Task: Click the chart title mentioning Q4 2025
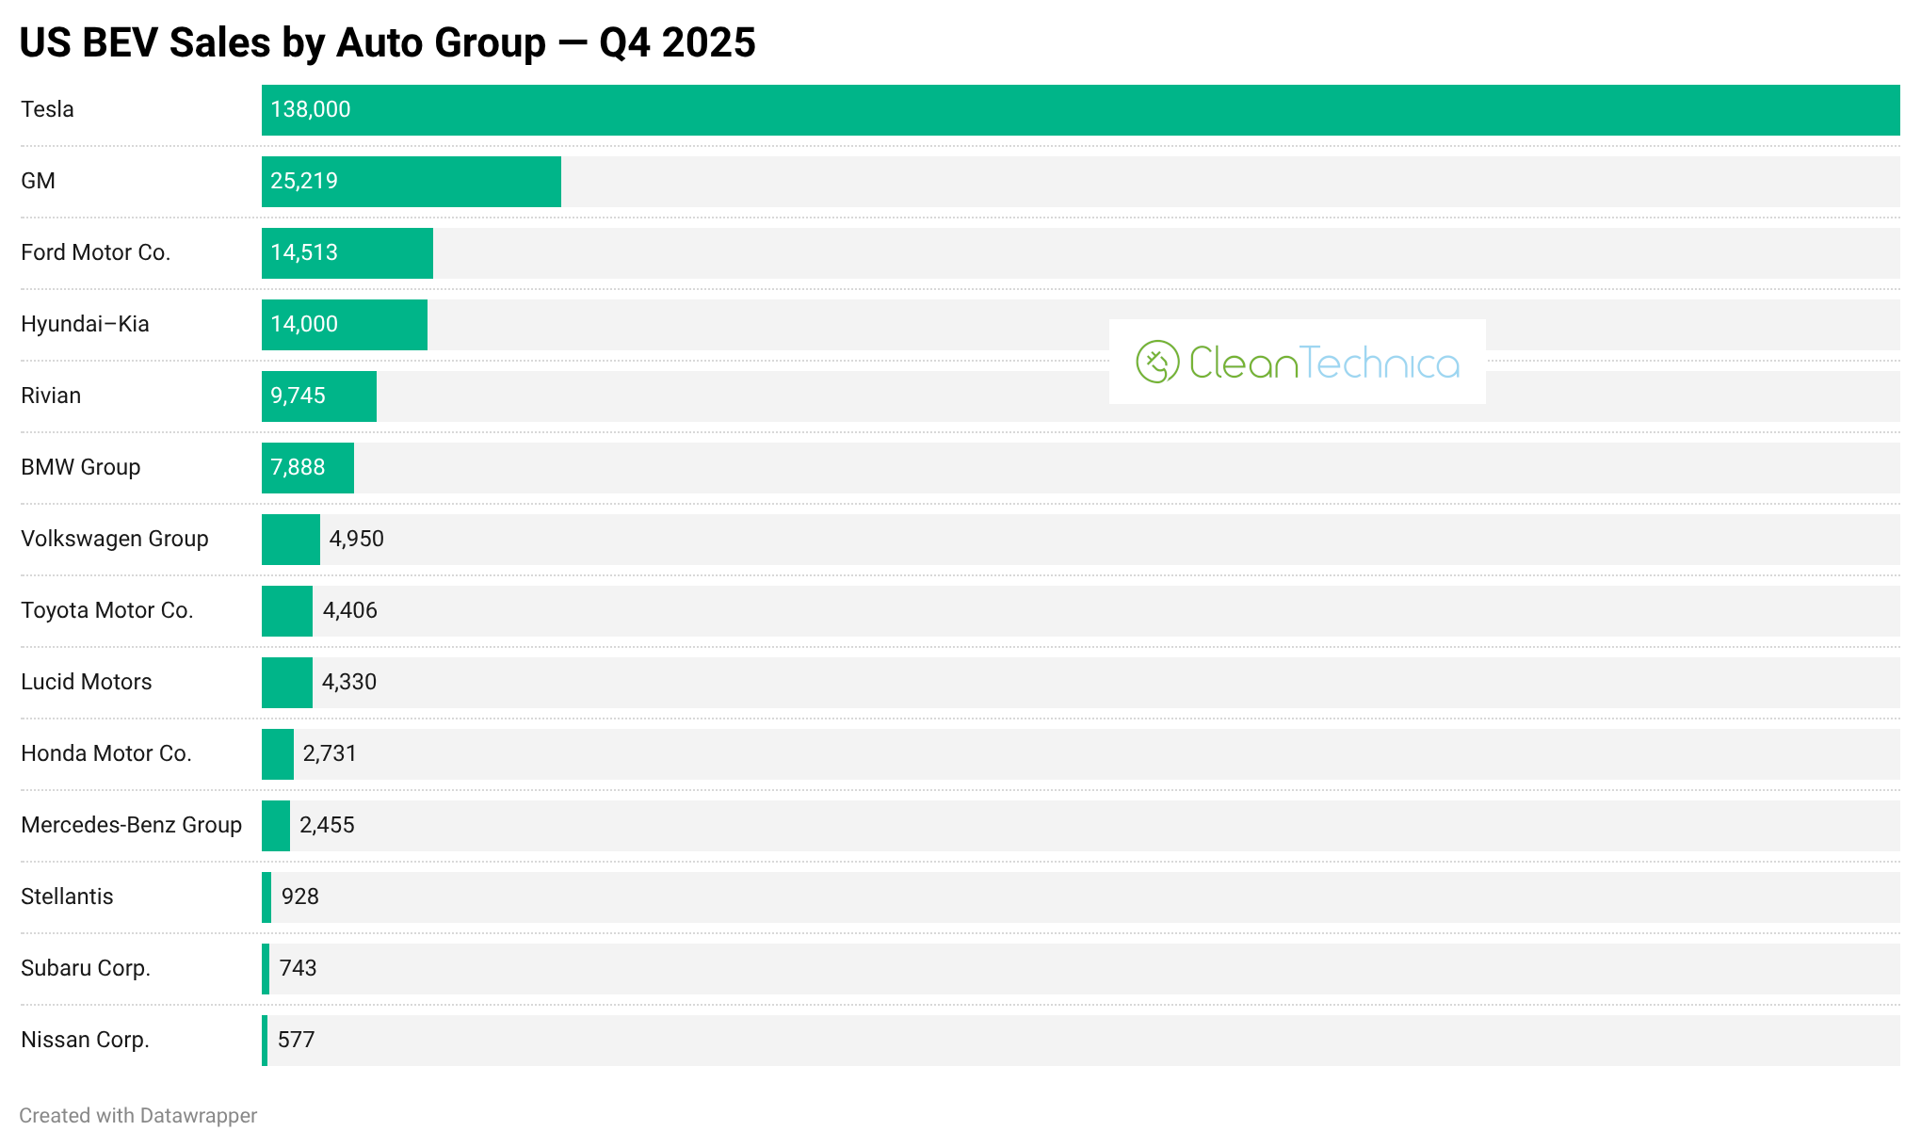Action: click(x=387, y=43)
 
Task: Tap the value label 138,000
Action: click(x=310, y=110)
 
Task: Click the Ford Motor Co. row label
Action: click(x=95, y=252)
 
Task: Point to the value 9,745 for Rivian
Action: click(x=298, y=396)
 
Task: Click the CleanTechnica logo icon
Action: click(x=1157, y=362)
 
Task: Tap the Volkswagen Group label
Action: click(x=114, y=539)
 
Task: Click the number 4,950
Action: click(x=356, y=539)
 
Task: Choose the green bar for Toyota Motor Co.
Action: click(x=287, y=611)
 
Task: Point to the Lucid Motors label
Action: click(x=86, y=682)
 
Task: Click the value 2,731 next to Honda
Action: click(x=330, y=753)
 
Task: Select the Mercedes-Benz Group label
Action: click(x=131, y=825)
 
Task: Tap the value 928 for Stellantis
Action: click(x=299, y=897)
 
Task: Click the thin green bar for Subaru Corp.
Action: click(x=266, y=969)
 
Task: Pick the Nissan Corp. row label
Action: click(x=85, y=1040)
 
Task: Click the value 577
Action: click(x=296, y=1040)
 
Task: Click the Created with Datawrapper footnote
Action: click(x=137, y=1116)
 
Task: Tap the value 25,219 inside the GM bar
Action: click(x=303, y=182)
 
